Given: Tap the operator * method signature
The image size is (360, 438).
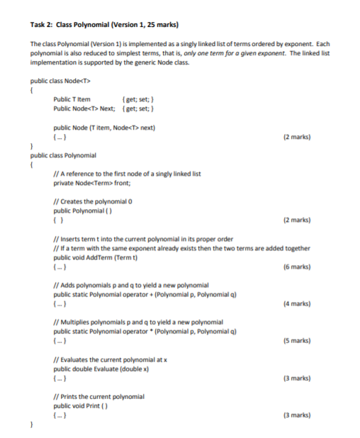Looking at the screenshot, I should coord(145,331).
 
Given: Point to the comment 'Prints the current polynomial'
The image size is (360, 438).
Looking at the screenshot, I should coord(99,395).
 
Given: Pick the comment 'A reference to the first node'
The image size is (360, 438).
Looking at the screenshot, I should coord(128,174).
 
